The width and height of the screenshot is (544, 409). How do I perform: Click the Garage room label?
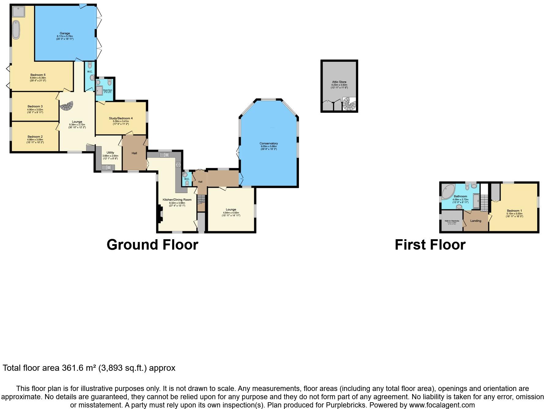pos(65,33)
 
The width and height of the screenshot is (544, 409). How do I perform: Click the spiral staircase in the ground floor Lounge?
pos(67,106)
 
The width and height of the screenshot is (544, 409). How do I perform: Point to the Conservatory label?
pos(268,143)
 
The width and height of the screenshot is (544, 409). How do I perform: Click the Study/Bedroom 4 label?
pos(121,118)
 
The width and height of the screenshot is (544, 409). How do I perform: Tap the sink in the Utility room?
pos(108,167)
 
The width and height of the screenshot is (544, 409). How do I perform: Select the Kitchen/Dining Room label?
pos(177,200)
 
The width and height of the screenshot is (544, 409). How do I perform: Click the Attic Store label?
pos(339,82)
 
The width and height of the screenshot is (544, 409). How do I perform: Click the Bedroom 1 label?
pos(514,211)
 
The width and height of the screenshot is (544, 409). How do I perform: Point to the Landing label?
pos(475,221)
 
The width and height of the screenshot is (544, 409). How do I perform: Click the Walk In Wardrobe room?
pos(452,221)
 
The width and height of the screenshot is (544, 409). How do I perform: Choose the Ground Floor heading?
pos(152,245)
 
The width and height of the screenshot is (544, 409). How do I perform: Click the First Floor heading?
pos(430,245)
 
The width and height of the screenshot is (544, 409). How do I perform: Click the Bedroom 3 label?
pos(35,106)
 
